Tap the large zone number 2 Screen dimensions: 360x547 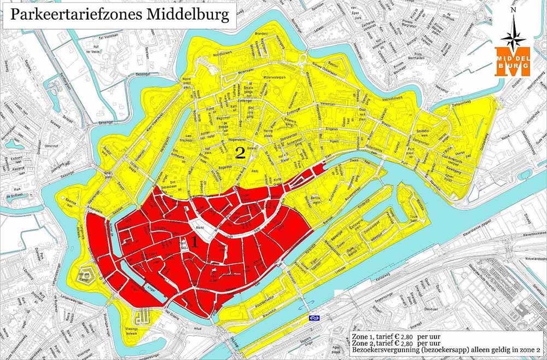240,153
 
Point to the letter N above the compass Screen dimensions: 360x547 513,10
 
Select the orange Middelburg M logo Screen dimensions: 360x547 513,61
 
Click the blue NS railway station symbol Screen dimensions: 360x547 314,317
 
